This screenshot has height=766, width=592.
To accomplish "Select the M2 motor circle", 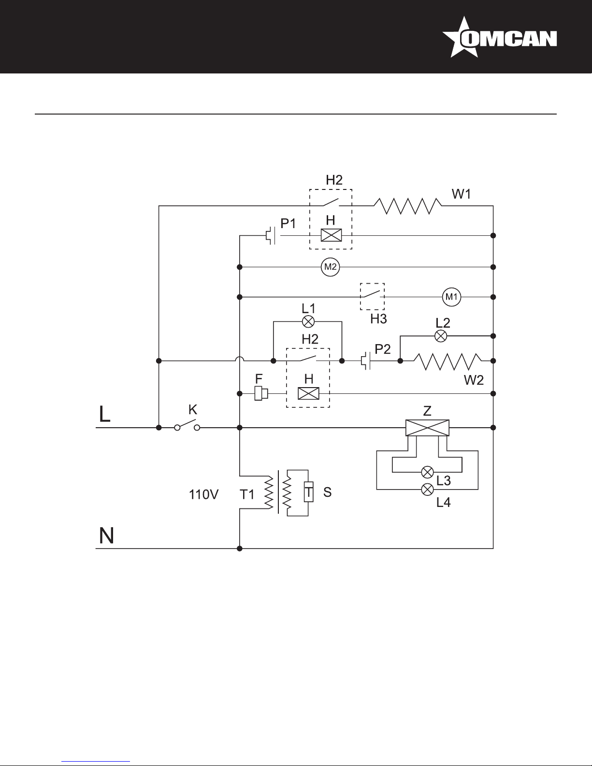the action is (330, 267).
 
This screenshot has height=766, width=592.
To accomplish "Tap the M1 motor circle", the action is (451, 297).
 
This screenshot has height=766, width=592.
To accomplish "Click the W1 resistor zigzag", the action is (407, 206).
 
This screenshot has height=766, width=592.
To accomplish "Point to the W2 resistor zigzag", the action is (448, 361).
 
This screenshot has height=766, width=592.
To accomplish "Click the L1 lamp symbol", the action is (308, 321).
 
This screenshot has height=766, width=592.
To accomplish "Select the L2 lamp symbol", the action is (440, 336).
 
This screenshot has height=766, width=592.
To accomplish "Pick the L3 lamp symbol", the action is (427, 472).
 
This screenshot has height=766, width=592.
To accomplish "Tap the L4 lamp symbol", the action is (427, 489).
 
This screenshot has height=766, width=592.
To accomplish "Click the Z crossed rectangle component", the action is (427, 428).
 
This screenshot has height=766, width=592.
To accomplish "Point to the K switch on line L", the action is (188, 425).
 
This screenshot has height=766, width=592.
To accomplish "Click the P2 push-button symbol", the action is (366, 361).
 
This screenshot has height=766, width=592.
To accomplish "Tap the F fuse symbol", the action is (261, 393).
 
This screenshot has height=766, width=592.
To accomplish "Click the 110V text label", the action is (203, 494).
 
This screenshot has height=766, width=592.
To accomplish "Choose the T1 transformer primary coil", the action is (269, 493).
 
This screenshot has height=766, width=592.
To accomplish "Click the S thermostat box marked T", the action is (308, 491).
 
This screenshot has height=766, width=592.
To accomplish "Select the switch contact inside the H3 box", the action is (372, 294).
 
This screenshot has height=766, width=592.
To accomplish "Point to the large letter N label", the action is (106, 535).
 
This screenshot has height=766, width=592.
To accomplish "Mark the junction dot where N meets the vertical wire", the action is (240, 549).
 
